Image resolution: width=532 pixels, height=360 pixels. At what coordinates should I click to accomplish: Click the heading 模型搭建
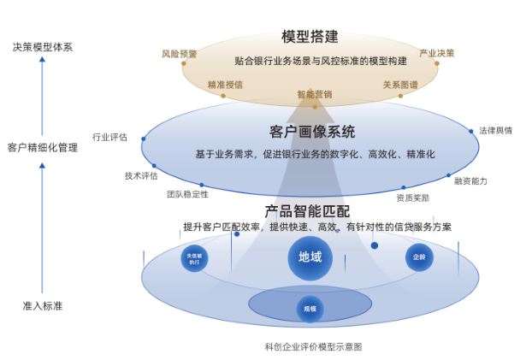[310, 37]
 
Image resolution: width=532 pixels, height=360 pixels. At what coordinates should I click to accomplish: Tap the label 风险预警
[180, 54]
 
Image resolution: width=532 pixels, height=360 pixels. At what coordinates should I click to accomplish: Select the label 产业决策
[436, 53]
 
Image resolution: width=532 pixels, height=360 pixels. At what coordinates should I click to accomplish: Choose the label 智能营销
[314, 95]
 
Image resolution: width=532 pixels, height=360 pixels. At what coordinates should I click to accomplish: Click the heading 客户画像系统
[312, 132]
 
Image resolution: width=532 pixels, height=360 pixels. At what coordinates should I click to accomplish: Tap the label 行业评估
[109, 137]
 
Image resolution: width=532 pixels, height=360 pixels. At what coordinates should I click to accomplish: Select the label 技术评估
[141, 176]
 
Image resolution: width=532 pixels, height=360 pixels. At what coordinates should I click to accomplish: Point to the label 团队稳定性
[187, 195]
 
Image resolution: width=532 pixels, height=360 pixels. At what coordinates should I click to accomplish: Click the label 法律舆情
[495, 131]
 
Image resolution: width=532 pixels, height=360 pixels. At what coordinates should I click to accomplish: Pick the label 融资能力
[470, 181]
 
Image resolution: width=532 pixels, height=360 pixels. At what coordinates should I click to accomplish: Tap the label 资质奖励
[412, 198]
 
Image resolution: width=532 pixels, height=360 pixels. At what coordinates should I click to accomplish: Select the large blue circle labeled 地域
[310, 257]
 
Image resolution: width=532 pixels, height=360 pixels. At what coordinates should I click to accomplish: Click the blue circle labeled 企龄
[419, 257]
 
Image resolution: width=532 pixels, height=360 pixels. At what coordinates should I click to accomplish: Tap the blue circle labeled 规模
[310, 309]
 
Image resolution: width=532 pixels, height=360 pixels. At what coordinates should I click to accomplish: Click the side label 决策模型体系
[42, 47]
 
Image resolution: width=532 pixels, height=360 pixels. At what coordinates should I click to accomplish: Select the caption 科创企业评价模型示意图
[313, 347]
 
